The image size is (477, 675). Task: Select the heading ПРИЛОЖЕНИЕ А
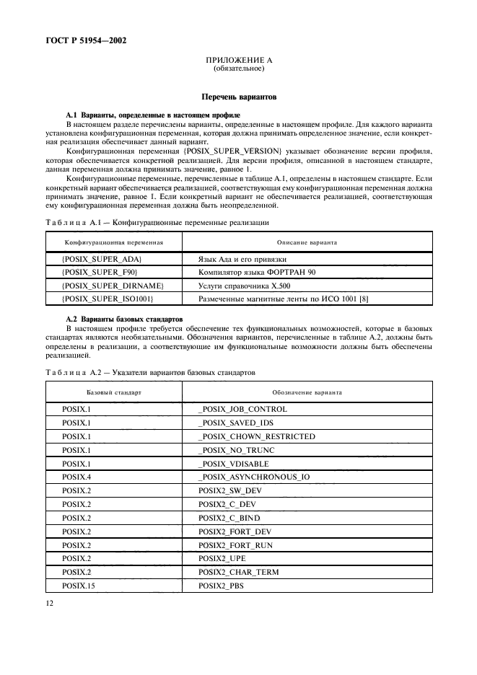pos(238,60)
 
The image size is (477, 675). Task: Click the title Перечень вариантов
pos(238,96)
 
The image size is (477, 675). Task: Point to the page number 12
pos(51,598)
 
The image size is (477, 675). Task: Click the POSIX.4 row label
pos(75,477)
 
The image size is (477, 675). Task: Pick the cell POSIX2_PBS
pos(222,586)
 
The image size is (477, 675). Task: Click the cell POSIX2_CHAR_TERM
pos(238,572)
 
